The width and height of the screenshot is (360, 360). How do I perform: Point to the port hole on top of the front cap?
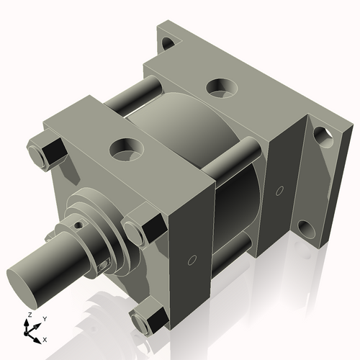coord(127,149)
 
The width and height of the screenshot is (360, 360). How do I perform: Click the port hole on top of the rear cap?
coord(221,87)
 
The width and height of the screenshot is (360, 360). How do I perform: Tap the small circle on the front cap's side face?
coord(192,258)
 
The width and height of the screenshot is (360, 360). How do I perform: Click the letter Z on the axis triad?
coord(27,316)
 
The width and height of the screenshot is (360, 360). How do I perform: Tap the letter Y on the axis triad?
coord(44,318)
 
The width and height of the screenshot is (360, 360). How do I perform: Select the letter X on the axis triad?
coord(45,338)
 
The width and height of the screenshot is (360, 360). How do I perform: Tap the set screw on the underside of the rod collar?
coord(106,265)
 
